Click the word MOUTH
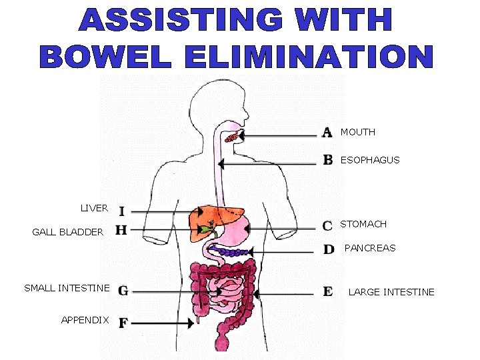[357, 132]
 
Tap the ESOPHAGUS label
[370, 160]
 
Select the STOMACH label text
[363, 225]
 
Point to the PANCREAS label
[369, 248]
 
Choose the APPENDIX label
[85, 320]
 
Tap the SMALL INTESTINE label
[67, 288]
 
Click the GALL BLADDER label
[68, 232]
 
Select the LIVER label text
[94, 208]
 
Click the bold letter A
[327, 132]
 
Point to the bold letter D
[329, 249]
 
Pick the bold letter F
[123, 323]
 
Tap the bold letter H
[121, 230]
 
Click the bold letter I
[121, 211]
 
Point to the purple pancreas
[233, 253]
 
